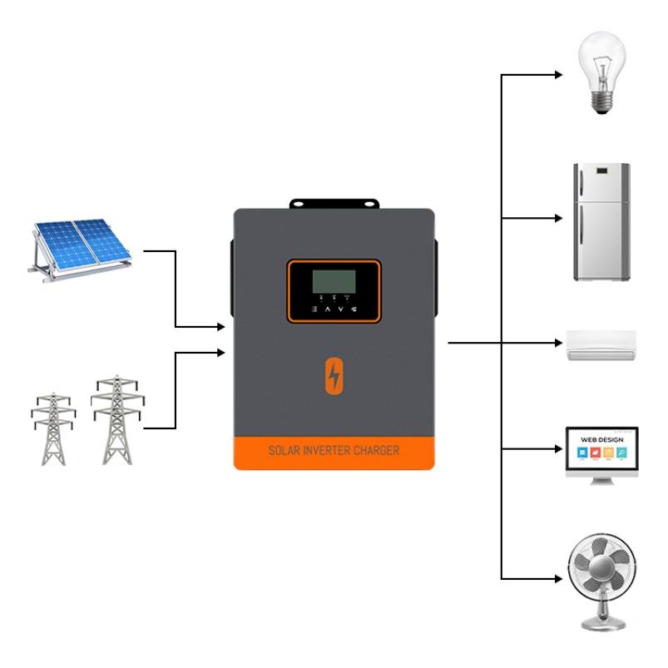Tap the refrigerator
pyautogui.click(x=601, y=220)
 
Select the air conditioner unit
pyautogui.click(x=601, y=344)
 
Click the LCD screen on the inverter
pyautogui.click(x=334, y=280)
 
